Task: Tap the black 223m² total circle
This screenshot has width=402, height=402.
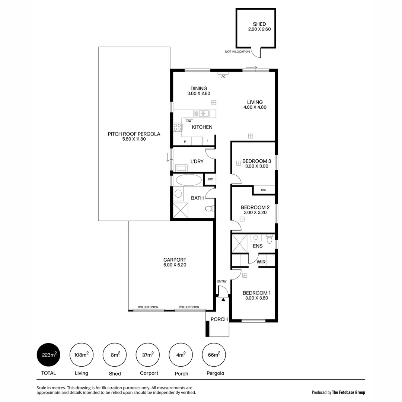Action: click(48, 355)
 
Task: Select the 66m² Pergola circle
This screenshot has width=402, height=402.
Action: click(214, 355)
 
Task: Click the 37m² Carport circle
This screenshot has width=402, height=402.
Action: click(148, 355)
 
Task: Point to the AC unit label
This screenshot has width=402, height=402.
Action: click(223, 76)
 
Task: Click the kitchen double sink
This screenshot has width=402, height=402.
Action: click(201, 113)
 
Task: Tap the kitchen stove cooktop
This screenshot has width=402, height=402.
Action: click(178, 127)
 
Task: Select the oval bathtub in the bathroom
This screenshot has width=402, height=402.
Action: click(188, 180)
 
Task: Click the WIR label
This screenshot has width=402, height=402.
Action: click(261, 262)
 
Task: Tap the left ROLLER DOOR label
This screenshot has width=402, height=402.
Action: click(148, 307)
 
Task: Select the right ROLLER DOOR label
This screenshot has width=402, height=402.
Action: click(189, 307)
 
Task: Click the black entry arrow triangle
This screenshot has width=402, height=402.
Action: click(223, 299)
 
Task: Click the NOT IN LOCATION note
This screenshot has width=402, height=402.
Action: click(237, 51)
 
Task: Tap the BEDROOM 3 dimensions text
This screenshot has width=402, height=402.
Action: click(256, 166)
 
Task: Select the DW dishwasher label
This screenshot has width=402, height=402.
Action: click(189, 121)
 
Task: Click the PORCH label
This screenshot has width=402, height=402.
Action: click(219, 319)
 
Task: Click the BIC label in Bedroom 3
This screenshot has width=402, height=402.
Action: click(264, 190)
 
